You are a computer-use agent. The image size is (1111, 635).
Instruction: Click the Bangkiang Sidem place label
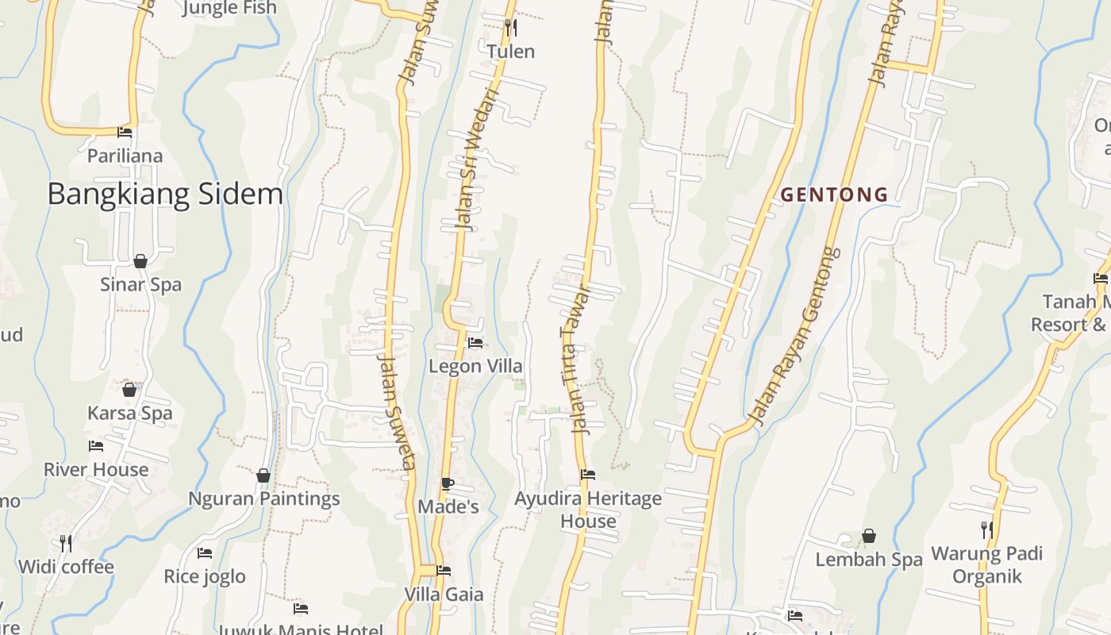(x=165, y=194)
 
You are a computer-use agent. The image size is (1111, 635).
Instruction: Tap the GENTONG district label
(x=834, y=194)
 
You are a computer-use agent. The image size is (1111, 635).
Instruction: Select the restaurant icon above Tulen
(x=511, y=29)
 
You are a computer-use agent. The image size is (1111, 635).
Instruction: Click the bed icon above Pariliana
(x=125, y=132)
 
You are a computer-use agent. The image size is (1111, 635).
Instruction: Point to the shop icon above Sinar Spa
(x=140, y=261)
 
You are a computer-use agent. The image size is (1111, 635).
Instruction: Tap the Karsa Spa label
(x=129, y=413)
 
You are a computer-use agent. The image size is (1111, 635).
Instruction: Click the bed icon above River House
(x=96, y=446)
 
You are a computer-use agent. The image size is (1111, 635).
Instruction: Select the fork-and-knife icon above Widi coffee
(x=66, y=543)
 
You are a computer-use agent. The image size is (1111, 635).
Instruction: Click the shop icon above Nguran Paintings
(x=263, y=475)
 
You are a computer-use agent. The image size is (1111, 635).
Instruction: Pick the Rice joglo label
(x=205, y=576)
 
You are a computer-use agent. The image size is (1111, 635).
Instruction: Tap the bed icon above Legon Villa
(x=475, y=343)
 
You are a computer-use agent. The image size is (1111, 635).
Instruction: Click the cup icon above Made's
(x=448, y=483)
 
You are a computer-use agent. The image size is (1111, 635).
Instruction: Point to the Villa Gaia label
(x=444, y=595)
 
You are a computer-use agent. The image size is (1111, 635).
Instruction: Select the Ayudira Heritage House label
(x=588, y=510)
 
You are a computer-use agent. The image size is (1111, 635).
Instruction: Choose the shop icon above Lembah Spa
(x=869, y=536)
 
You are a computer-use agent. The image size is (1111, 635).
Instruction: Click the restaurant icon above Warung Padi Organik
(x=986, y=529)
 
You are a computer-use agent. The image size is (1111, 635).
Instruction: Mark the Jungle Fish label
(x=229, y=8)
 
